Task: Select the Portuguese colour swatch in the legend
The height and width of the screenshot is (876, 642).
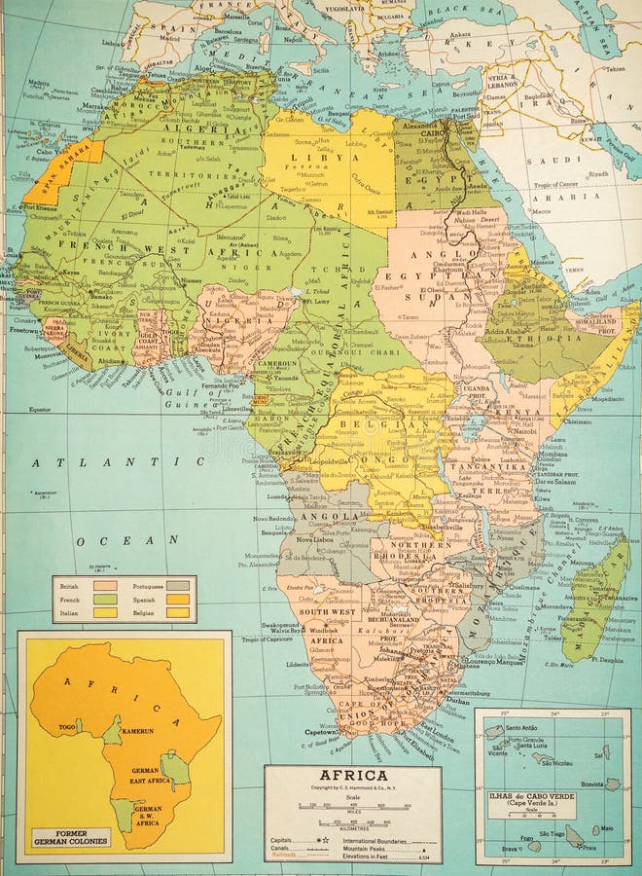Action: [178, 586]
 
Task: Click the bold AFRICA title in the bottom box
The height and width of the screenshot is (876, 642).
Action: [352, 776]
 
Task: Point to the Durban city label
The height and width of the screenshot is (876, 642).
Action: [457, 700]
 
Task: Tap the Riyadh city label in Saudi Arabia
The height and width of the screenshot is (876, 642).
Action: [598, 174]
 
